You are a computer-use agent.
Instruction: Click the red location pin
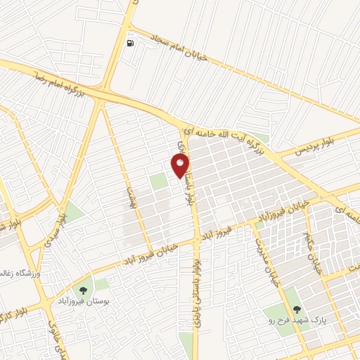click(x=180, y=166)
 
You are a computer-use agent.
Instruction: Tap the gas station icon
click(x=131, y=43)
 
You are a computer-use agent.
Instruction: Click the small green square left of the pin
click(x=160, y=181)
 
